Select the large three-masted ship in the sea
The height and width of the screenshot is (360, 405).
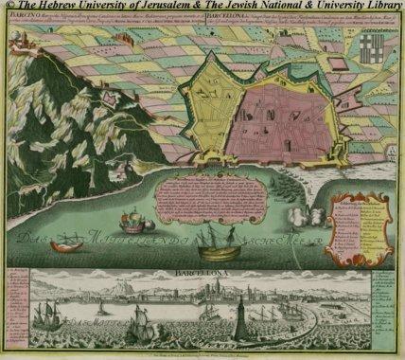click(222, 243)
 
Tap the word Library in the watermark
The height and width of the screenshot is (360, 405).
click(378, 7)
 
